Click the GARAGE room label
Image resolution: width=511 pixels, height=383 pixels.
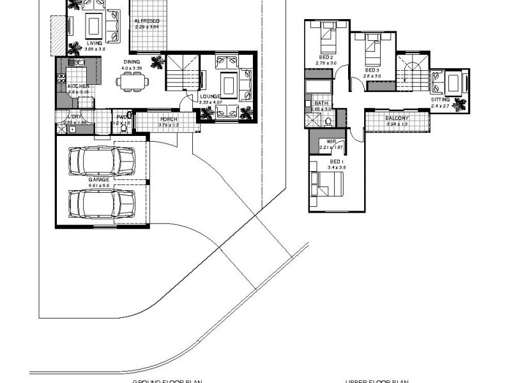pyautogui.click(x=99, y=180)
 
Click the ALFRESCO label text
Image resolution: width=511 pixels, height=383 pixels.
pyautogui.click(x=146, y=21)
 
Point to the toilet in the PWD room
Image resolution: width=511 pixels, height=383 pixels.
pyautogui.click(x=124, y=127)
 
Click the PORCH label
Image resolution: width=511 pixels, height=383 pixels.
pyautogui.click(x=169, y=119)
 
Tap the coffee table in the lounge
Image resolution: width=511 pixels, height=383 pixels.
pyautogui.click(x=228, y=84)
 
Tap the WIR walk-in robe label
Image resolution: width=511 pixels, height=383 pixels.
pyautogui.click(x=331, y=142)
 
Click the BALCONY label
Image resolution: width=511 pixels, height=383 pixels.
pyautogui.click(x=397, y=118)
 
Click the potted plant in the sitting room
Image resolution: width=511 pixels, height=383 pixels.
pyautogui.click(x=458, y=105)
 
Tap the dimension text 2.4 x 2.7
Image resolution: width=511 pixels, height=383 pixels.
pyautogui.click(x=441, y=106)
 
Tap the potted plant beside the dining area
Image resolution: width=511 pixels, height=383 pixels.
pyautogui.click(x=155, y=62)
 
